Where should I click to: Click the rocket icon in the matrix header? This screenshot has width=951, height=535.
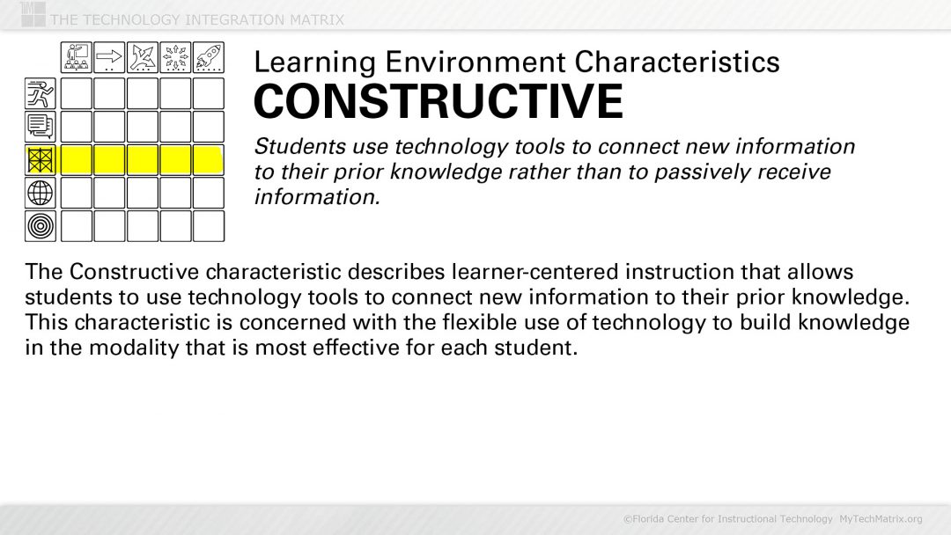[209, 58]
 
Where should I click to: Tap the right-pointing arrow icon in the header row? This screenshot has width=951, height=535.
[109, 58]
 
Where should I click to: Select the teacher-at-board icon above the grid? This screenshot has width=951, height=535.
[76, 58]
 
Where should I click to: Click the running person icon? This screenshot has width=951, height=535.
[41, 92]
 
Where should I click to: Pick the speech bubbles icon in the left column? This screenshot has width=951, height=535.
[41, 126]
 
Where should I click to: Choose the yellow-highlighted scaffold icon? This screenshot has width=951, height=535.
[41, 159]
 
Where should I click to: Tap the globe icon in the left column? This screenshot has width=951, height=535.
[41, 193]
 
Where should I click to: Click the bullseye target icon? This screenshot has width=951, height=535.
[41, 226]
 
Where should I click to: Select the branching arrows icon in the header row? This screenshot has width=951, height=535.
[143, 58]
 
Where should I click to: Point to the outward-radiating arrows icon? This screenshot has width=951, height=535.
[175, 58]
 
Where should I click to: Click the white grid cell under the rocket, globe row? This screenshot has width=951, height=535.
[209, 193]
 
